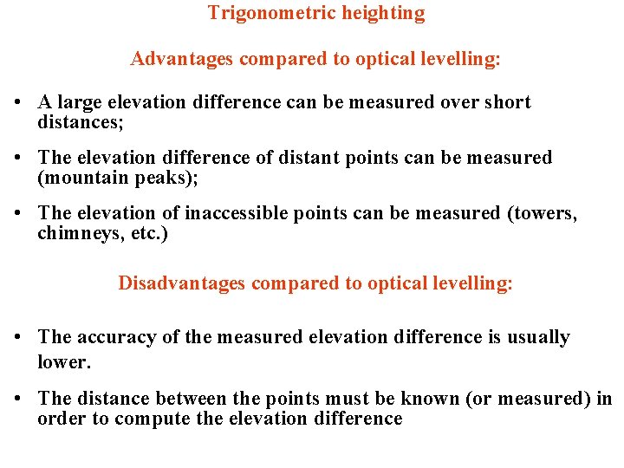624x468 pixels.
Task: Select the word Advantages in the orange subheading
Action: pos(182,59)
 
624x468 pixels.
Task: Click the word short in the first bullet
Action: pos(507,102)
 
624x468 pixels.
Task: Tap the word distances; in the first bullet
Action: pos(81,123)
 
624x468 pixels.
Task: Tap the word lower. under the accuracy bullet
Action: pos(63,362)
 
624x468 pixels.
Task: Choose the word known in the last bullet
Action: pos(434,399)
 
